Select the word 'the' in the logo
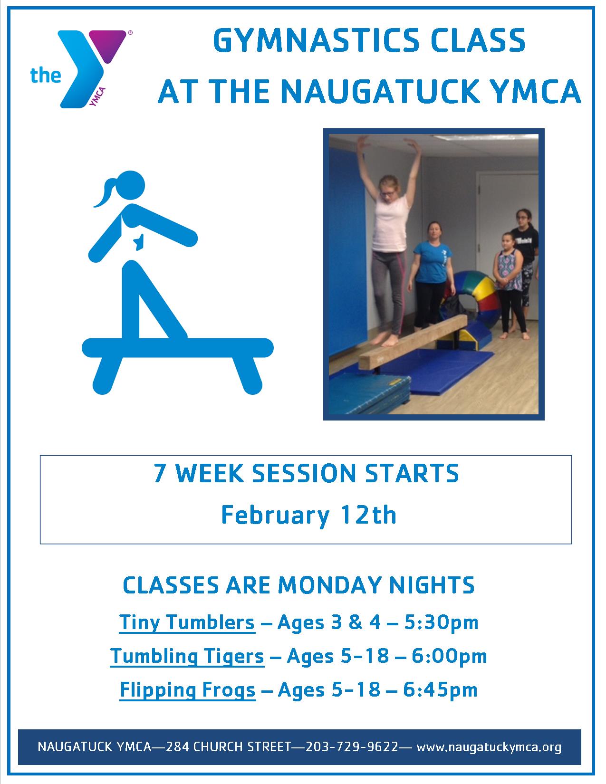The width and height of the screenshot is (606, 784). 46,76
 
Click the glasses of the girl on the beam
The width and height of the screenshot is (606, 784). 388,193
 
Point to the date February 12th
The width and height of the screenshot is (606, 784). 308,515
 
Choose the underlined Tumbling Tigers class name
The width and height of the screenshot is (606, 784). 187,656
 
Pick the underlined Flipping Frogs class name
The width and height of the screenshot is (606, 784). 188,690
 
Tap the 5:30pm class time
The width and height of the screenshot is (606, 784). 441,623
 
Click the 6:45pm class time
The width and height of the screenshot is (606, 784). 440,690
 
